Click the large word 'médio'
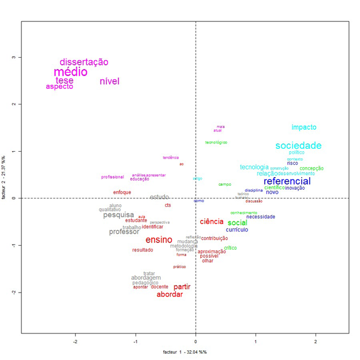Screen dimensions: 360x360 [70, 72]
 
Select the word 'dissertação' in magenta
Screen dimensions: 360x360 [84, 62]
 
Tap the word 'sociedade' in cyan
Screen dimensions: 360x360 [298, 146]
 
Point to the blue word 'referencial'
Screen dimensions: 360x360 [287, 181]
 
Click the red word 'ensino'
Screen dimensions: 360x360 [158, 240]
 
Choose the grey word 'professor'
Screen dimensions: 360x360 [124, 232]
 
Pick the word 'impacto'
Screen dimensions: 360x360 [303, 127]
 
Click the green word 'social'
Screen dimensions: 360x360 [237, 223]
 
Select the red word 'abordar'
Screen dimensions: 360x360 [170, 294]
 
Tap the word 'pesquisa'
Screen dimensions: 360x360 [118, 215]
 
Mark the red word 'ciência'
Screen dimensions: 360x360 [211, 222]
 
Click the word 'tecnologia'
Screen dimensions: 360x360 [254, 167]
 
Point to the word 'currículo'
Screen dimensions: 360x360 [237, 230]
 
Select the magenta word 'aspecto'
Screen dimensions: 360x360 [59, 87]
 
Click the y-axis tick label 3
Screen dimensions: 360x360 [12, 58]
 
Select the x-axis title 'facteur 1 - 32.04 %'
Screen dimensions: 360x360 [185, 351]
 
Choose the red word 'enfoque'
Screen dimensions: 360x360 [122, 192]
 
